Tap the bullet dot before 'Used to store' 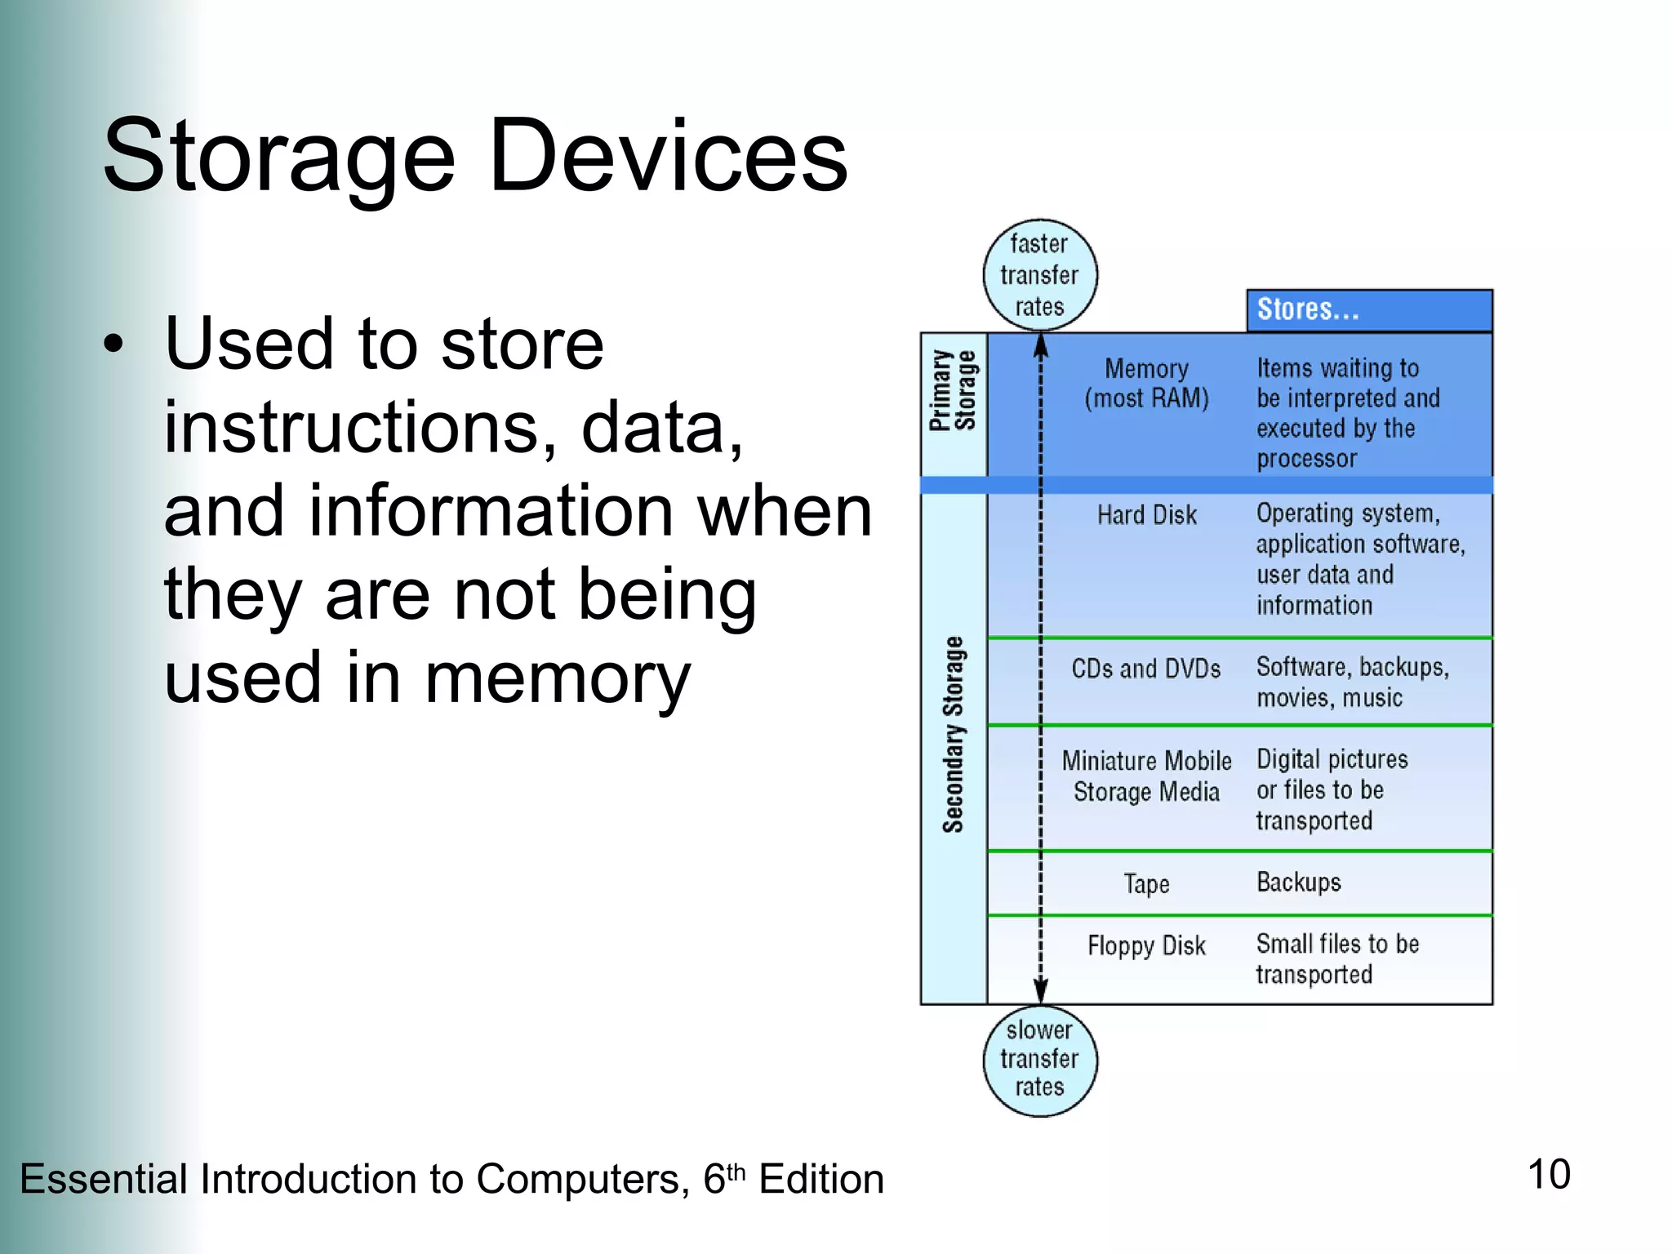(114, 344)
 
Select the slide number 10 (1548, 1175)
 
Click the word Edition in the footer (820, 1179)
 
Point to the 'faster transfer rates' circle (1039, 275)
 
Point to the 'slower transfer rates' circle (1039, 1059)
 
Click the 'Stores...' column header (1368, 310)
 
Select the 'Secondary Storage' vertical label (953, 735)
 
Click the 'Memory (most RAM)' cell (1146, 383)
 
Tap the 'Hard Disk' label (1146, 515)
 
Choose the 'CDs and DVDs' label (1145, 669)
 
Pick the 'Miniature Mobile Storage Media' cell (1146, 776)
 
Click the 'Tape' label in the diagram (1146, 883)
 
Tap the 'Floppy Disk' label (1146, 945)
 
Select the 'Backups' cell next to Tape (1298, 883)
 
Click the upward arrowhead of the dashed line (1040, 346)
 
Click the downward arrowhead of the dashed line (1040, 991)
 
